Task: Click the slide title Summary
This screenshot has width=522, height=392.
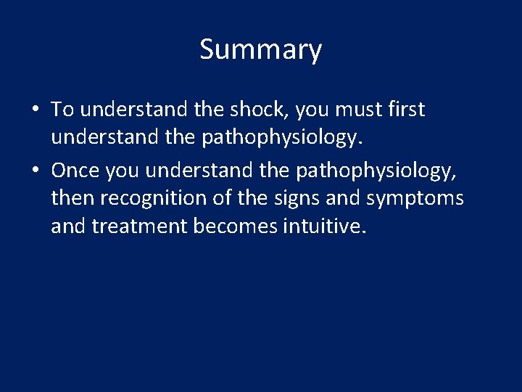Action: pyautogui.click(x=260, y=50)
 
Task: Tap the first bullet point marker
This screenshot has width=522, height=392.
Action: pyautogui.click(x=36, y=110)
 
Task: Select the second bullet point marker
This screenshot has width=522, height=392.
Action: pyautogui.click(x=36, y=170)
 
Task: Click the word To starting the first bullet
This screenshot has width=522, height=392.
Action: pyautogui.click(x=63, y=110)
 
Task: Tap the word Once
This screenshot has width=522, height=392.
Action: pyautogui.click(x=75, y=169)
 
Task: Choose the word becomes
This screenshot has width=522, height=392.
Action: pyautogui.click(x=235, y=227)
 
